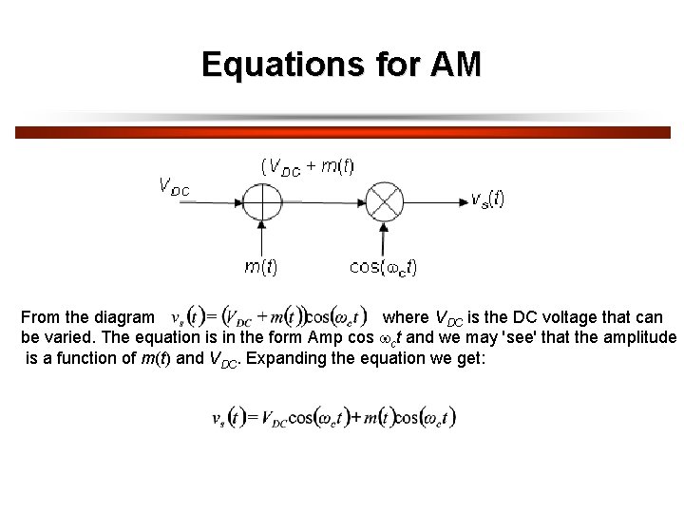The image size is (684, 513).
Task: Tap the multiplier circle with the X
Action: (385, 201)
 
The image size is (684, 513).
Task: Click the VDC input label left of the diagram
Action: (174, 186)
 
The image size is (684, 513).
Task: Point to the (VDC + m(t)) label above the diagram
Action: (307, 166)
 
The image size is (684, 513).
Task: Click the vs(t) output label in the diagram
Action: (487, 199)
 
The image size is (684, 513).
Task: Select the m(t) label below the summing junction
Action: (261, 267)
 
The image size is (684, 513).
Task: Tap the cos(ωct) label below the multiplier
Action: (383, 267)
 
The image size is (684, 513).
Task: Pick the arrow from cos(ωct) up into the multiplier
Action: (385, 237)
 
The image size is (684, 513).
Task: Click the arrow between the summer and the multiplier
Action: (323, 201)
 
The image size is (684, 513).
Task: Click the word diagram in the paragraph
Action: (125, 317)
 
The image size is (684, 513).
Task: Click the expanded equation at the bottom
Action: (333, 417)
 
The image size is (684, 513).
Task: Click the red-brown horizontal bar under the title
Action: (342, 133)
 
